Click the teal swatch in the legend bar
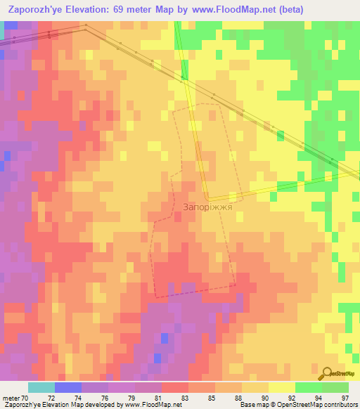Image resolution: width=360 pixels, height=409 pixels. click(41, 387)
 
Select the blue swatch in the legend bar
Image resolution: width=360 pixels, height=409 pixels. click(68, 387)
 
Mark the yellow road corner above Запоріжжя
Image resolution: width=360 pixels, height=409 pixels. click(207, 197)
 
